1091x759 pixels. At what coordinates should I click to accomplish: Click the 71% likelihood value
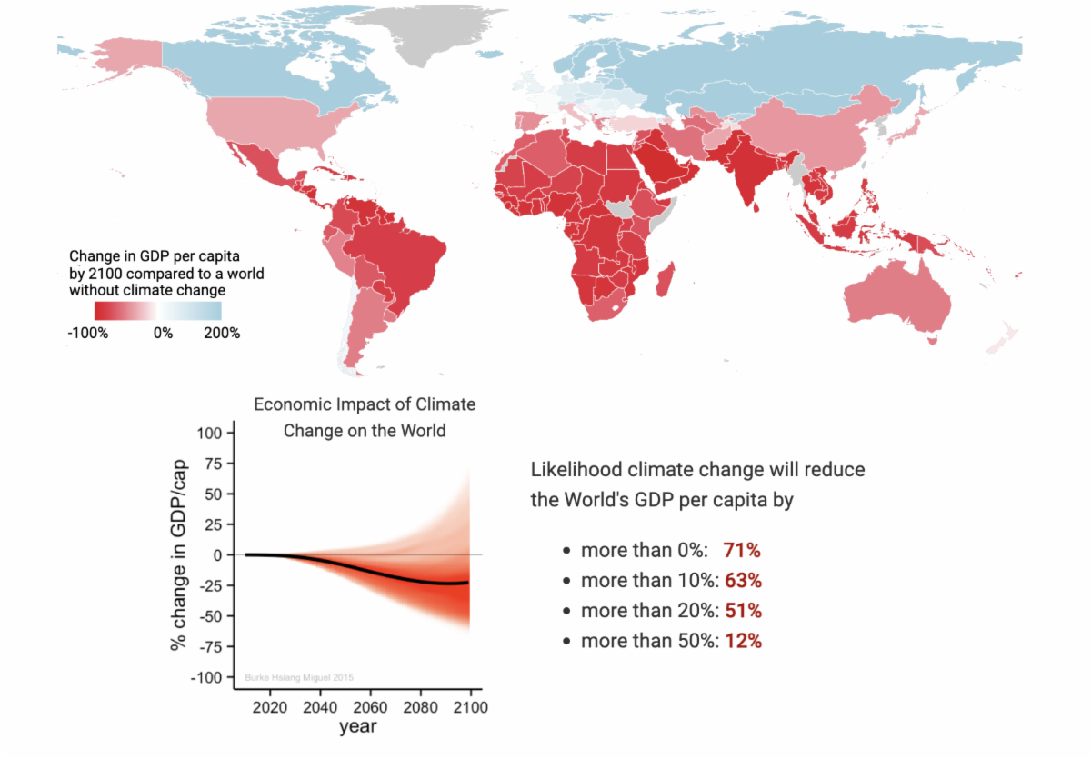click(742, 550)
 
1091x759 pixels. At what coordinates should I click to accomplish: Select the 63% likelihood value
click(743, 580)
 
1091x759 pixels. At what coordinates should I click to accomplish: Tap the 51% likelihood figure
click(743, 610)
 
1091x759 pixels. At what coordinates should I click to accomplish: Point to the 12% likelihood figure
click(743, 641)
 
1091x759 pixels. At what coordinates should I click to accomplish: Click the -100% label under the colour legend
click(88, 333)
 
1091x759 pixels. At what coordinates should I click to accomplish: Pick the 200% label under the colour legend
click(222, 333)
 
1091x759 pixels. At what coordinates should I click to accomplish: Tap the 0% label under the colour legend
click(163, 333)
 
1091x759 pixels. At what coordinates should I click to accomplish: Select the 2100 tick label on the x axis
click(469, 707)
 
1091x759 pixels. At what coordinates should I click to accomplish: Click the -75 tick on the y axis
click(212, 647)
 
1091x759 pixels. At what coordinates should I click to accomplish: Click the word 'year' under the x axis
click(357, 727)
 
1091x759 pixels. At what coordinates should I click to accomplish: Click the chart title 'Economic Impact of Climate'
click(364, 404)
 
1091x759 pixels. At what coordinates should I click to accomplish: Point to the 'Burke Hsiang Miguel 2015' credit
click(299, 677)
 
